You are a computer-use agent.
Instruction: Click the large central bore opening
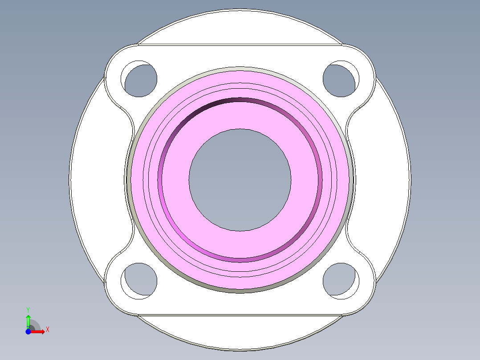tap(240, 180)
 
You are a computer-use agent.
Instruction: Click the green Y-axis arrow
tap(28, 321)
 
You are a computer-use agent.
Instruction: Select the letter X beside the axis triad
tap(47, 330)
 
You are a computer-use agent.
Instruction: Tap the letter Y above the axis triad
tap(28, 309)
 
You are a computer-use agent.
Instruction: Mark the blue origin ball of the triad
tap(28, 331)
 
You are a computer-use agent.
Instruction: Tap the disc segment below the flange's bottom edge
tap(240, 332)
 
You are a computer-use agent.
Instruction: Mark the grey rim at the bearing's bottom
tap(240, 291)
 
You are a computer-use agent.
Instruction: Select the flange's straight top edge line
tap(240, 44)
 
